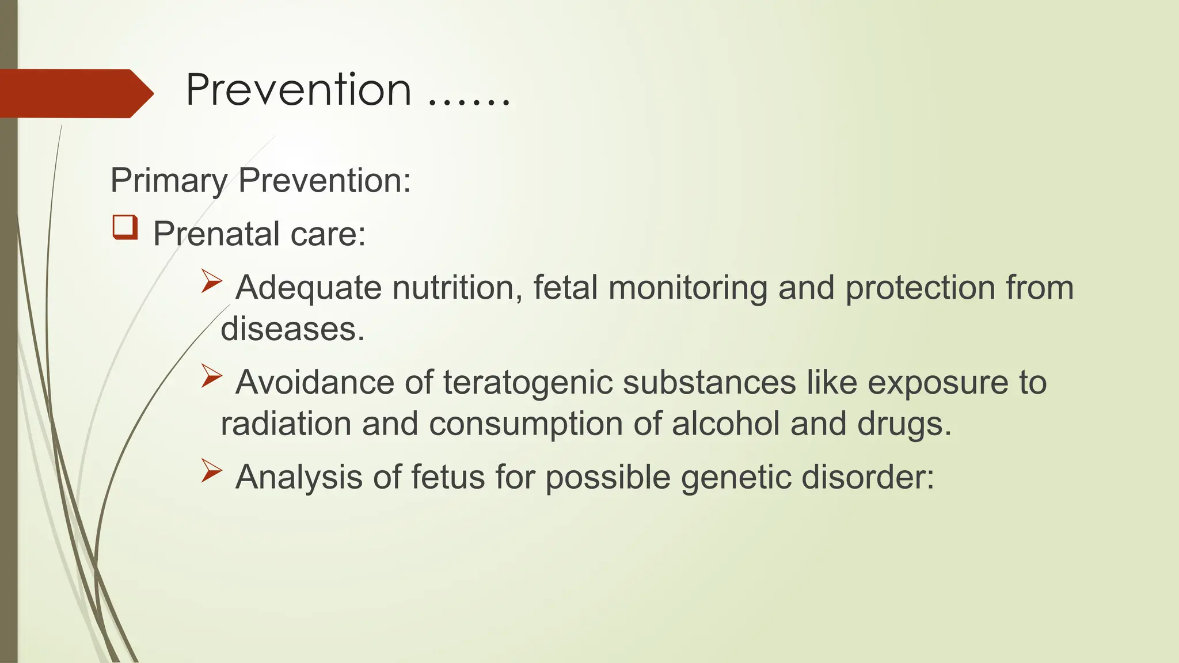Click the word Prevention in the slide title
[x=298, y=90]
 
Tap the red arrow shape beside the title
[x=75, y=93]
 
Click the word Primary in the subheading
[x=168, y=181]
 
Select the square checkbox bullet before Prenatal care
[x=125, y=227]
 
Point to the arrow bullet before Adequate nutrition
[x=211, y=282]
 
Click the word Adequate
[x=308, y=288]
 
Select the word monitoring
[x=687, y=288]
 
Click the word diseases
[x=292, y=329]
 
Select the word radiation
[x=286, y=424]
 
